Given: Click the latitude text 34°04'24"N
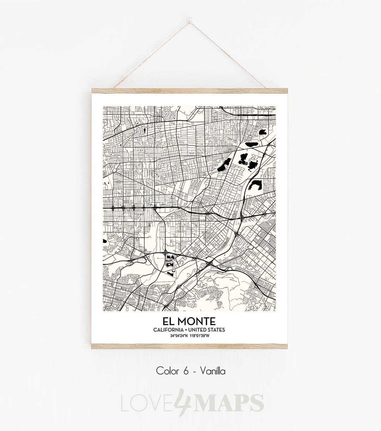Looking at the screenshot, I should (x=179, y=336).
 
